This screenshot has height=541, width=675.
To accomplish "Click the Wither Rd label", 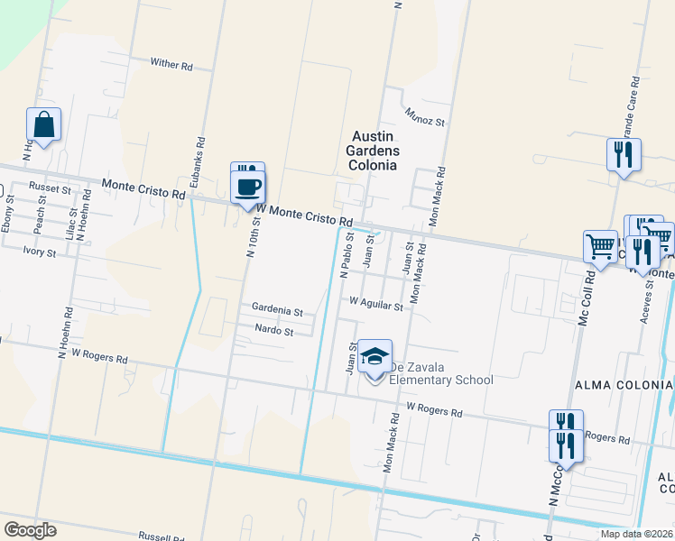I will pyautogui.click(x=171, y=65).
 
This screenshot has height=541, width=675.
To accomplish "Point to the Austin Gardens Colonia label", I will pyautogui.click(x=373, y=151).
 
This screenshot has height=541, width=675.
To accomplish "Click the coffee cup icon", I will pyautogui.click(x=248, y=188).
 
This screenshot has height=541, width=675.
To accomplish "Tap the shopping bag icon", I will pyautogui.click(x=43, y=126).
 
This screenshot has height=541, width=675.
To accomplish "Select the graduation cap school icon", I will pyautogui.click(x=374, y=357).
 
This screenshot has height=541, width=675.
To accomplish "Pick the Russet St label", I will pyautogui.click(x=50, y=188).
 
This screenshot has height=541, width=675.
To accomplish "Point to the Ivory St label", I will pyautogui.click(x=40, y=253).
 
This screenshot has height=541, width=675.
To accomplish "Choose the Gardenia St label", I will pyautogui.click(x=277, y=311).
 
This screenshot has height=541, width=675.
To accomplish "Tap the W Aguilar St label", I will pyautogui.click(x=375, y=306).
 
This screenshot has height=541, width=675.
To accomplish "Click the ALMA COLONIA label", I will pyautogui.click(x=624, y=385).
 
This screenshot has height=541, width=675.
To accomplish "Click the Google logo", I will pyautogui.click(x=30, y=530).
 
